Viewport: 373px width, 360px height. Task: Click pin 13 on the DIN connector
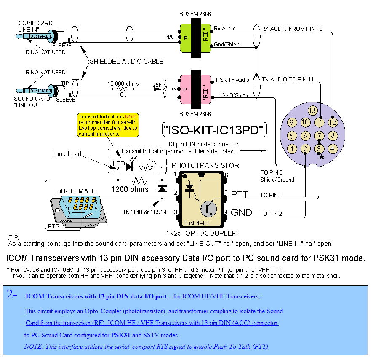(x=312, y=110)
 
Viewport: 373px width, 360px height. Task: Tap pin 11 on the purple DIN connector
(x=320, y=123)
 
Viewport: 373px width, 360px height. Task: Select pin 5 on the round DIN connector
(x=292, y=136)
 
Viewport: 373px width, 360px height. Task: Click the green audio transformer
(x=195, y=38)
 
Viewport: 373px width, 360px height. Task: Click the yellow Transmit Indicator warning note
(x=107, y=125)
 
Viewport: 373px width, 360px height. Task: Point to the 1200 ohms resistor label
(x=130, y=189)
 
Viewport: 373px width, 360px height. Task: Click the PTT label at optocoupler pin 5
(x=240, y=195)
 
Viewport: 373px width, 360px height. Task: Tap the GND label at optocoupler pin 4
(x=241, y=212)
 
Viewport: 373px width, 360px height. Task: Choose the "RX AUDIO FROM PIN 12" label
(x=292, y=29)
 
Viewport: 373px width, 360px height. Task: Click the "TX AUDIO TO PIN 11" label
(x=288, y=79)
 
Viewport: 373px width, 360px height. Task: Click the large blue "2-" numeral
(x=12, y=295)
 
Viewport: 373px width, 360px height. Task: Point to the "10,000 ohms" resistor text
(x=123, y=83)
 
